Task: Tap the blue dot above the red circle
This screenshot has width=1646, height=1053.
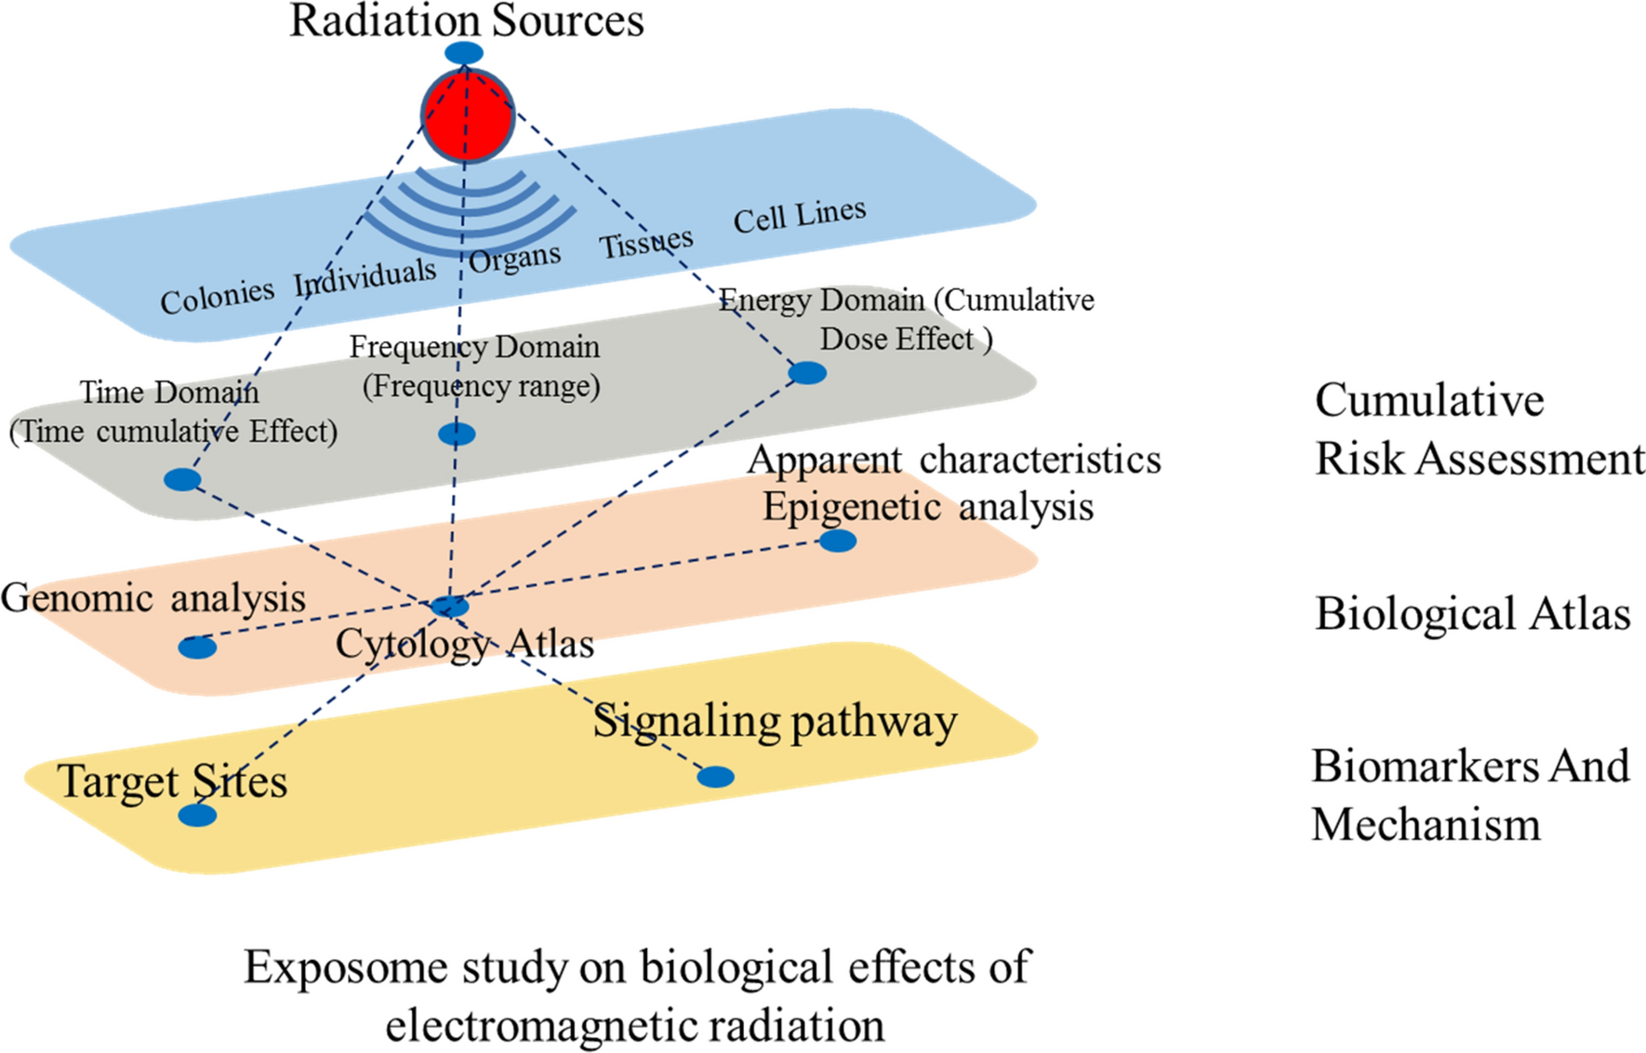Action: tap(463, 53)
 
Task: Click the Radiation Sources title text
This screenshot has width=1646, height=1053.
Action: tap(467, 20)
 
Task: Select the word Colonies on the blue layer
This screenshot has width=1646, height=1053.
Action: tap(217, 297)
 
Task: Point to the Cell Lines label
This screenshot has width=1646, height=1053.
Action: tap(800, 216)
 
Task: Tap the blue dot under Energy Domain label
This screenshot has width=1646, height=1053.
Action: tap(807, 373)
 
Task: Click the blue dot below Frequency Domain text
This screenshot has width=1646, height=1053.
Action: tap(457, 433)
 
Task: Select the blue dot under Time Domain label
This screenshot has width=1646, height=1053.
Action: tap(182, 480)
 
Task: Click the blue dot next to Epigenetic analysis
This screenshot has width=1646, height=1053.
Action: tap(838, 540)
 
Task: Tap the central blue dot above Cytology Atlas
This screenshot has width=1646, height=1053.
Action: tap(450, 606)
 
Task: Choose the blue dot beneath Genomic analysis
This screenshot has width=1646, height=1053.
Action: tap(197, 647)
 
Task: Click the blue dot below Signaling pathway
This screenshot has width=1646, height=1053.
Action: tap(715, 776)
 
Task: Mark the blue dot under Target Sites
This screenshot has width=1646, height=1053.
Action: tap(197, 816)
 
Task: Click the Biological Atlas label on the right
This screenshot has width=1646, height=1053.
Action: tap(1472, 614)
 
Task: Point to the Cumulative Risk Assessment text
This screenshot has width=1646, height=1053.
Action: tap(1479, 429)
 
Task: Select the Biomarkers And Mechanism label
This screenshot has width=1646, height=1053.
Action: tap(1470, 794)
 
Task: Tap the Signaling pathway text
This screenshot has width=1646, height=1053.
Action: tap(775, 722)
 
